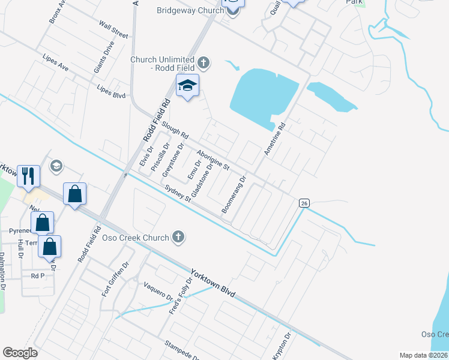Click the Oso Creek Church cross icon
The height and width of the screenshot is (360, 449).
click(178, 238)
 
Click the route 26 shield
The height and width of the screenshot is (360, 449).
click(304, 203)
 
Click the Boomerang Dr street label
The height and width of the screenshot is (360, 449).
click(234, 194)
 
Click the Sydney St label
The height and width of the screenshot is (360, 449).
click(179, 194)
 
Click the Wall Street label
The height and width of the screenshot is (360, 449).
click(114, 30)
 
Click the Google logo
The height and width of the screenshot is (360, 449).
click(20, 353)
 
